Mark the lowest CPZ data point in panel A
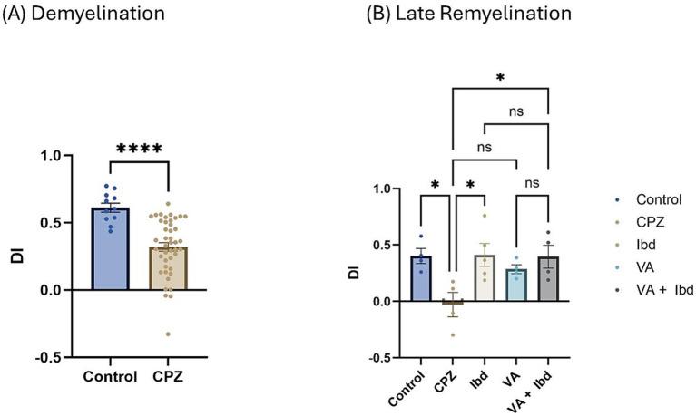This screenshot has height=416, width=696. click(166, 334)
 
